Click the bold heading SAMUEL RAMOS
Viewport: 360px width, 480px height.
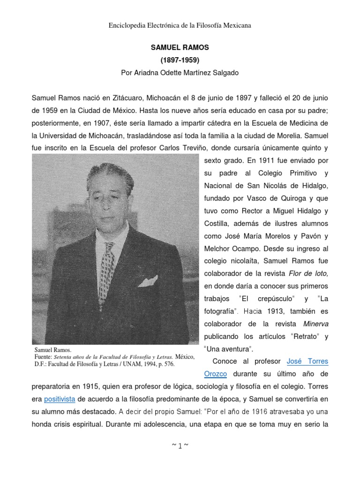click(180, 48)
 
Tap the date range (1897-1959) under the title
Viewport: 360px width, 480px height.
click(180, 60)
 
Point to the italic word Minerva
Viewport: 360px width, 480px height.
click(315, 323)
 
